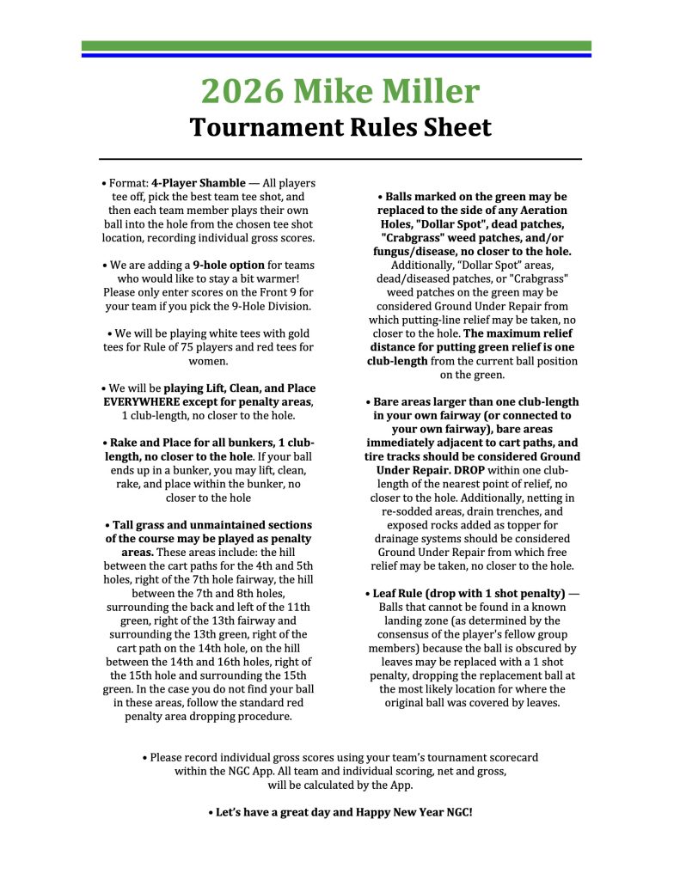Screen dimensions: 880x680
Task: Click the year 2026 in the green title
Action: click(241, 91)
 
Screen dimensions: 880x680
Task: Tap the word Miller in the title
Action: click(430, 91)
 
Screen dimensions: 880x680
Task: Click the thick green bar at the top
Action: click(336, 46)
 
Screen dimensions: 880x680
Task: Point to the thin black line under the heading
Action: click(340, 159)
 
